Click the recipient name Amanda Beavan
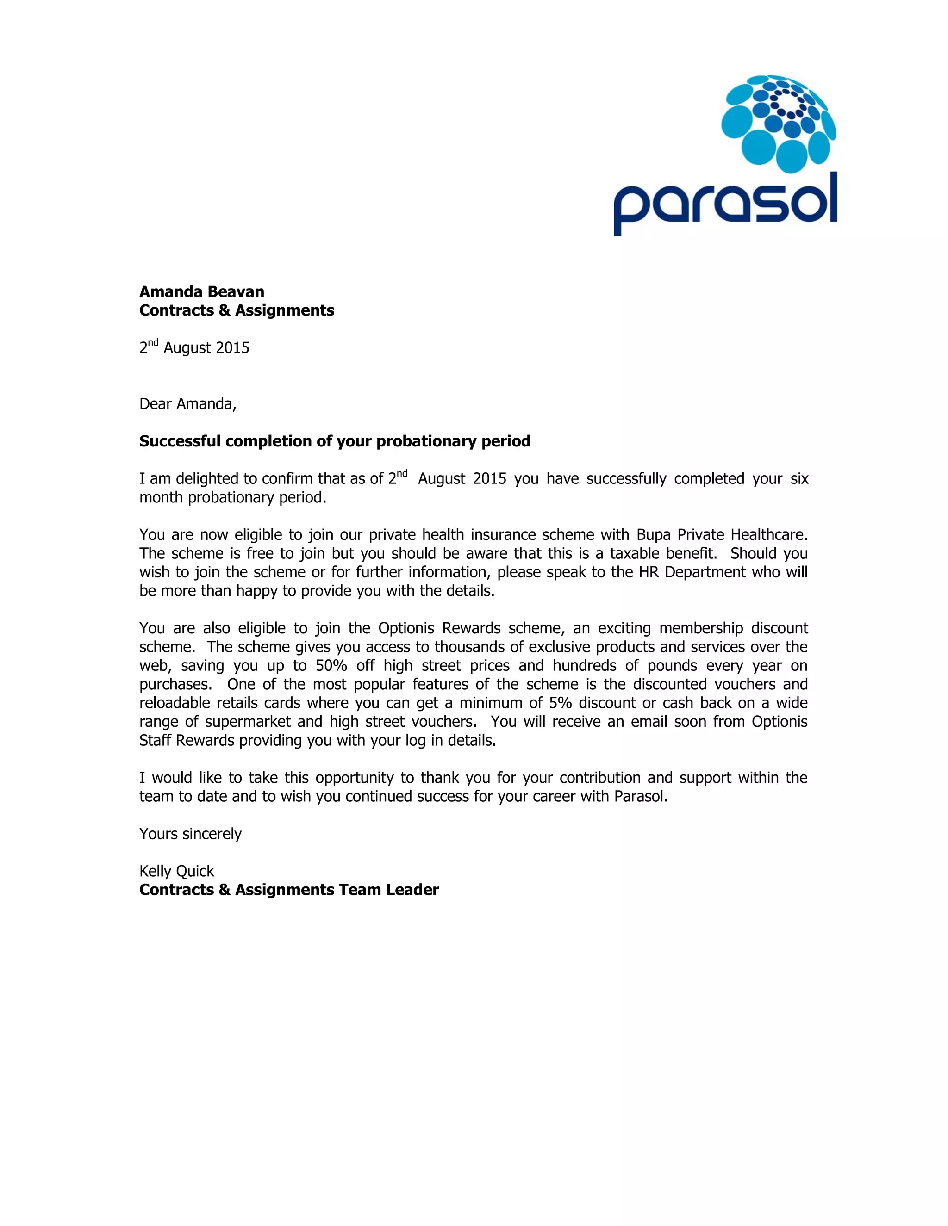[x=202, y=292]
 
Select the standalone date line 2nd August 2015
[x=194, y=347]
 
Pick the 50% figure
[x=331, y=666]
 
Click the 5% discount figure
[x=560, y=703]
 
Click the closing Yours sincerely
[x=190, y=834]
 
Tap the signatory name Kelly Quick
[x=176, y=871]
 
